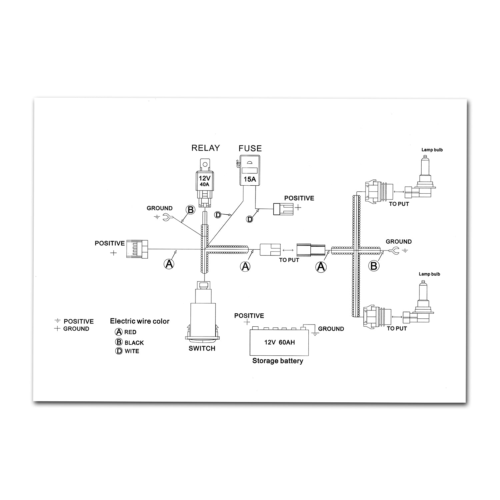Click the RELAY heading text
coord(206,148)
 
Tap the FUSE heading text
coord(250,148)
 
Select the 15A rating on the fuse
coord(250,179)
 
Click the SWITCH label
coord(202,348)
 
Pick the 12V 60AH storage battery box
coord(279,342)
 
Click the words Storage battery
coord(278,361)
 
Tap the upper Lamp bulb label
coord(432,150)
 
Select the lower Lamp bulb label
coord(429,274)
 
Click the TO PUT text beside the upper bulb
coord(399,204)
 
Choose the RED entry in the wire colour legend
coord(130,332)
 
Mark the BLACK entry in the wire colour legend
coord(134,343)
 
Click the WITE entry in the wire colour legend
coord(132,351)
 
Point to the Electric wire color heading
coord(140,321)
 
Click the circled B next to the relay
coord(190,210)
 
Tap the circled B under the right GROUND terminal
coord(374,266)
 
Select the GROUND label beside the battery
coord(331,329)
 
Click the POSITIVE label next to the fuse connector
coord(299,198)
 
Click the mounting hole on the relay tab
coord(205,164)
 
